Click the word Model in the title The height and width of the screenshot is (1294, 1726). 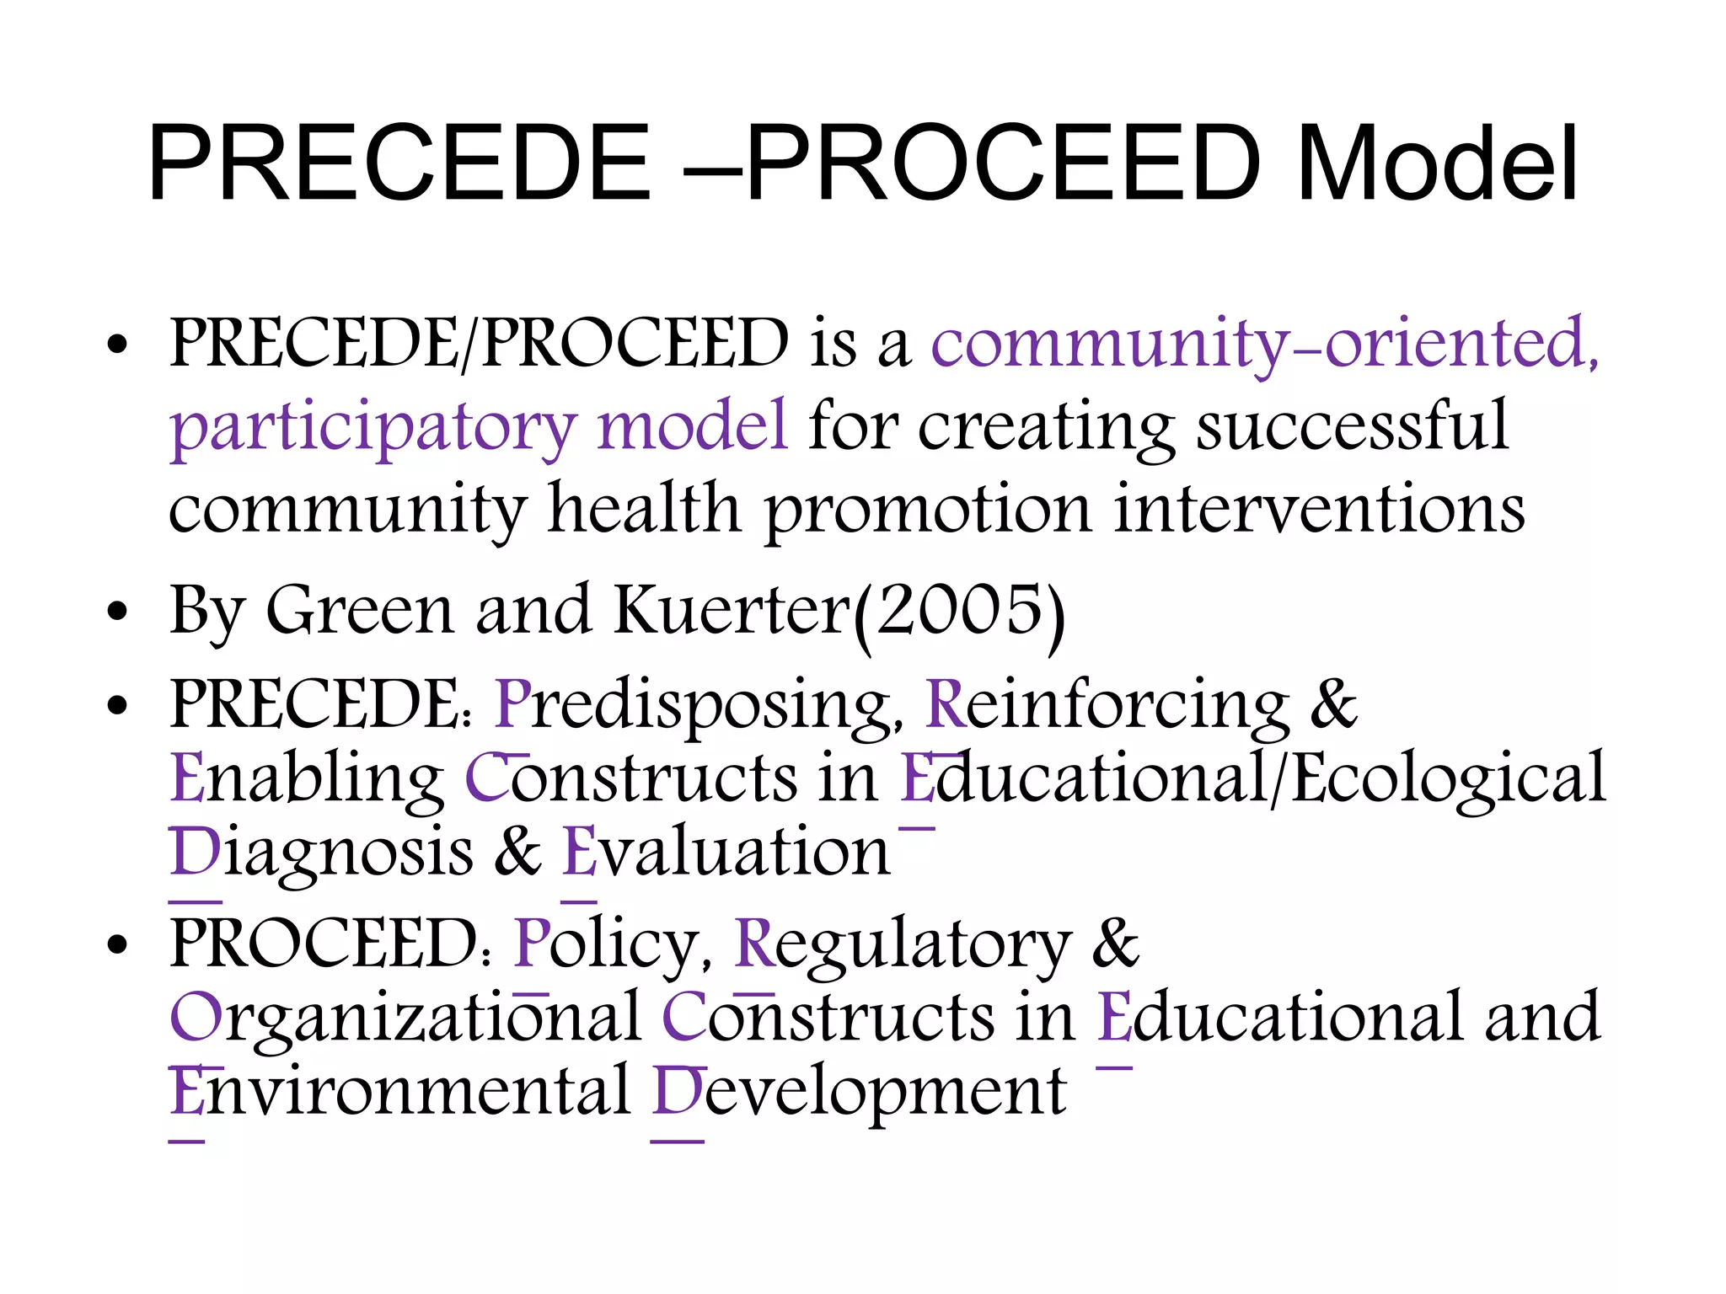click(x=1437, y=164)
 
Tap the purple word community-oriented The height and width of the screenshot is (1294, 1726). click(x=1264, y=344)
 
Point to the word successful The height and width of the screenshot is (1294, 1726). click(x=1352, y=426)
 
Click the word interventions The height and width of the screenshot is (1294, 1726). click(x=1318, y=510)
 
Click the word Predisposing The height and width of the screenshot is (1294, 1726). click(x=696, y=704)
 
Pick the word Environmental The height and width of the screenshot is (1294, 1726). click(x=399, y=1092)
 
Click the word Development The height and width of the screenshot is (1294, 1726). click(x=860, y=1092)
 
